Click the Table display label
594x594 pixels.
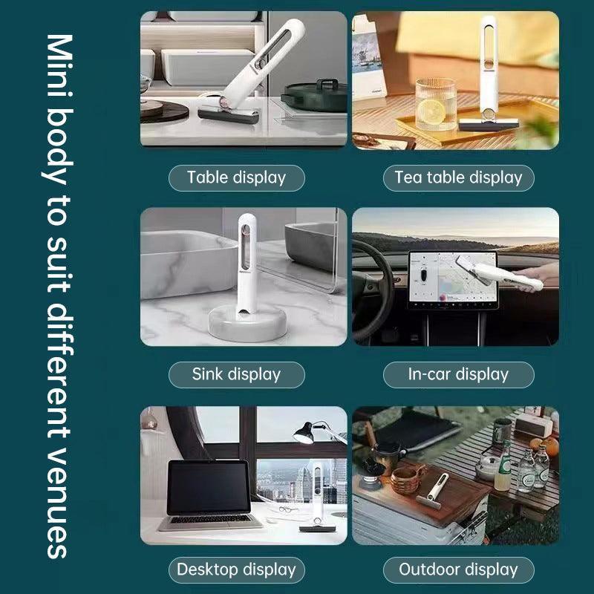coord(236,177)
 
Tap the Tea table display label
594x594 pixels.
coord(458,177)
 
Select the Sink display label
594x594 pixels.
coord(236,374)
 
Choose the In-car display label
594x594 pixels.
coord(458,374)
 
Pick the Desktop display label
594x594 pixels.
coord(236,569)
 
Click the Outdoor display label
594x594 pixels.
coord(458,569)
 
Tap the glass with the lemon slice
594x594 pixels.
coord(435,104)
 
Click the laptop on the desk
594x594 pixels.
coord(209,495)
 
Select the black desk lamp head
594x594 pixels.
coord(304,433)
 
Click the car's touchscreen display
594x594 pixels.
coord(452,279)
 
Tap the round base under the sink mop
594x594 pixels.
coord(247,323)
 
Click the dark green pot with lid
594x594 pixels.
coord(314,95)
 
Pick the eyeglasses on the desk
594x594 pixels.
coord(289,509)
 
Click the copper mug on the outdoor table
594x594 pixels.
coord(408,478)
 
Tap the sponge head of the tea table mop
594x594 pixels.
coord(489,125)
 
